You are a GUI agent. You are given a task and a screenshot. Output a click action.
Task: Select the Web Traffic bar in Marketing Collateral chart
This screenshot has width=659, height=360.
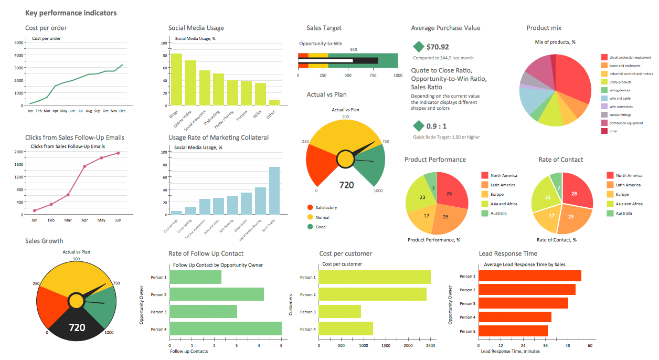click(274, 190)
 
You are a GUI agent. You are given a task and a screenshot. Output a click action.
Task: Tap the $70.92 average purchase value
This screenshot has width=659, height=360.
click(438, 47)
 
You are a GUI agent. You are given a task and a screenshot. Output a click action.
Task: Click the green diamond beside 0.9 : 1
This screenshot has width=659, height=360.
click(418, 126)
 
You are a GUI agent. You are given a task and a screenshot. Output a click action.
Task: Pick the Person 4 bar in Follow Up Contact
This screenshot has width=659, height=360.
click(226, 329)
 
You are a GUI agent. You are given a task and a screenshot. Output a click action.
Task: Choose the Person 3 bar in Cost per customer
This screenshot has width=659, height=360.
click(340, 312)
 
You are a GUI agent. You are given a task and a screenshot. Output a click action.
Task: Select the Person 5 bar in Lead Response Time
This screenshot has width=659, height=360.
click(513, 331)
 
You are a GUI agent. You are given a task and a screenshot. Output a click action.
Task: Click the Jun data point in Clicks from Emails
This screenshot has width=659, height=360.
click(118, 153)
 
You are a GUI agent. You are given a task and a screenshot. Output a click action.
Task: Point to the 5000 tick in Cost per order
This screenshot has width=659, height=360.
click(19, 43)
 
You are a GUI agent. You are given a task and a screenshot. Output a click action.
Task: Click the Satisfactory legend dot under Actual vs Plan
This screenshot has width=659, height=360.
click(310, 207)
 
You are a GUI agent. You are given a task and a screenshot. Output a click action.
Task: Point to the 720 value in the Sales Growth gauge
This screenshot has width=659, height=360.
click(77, 327)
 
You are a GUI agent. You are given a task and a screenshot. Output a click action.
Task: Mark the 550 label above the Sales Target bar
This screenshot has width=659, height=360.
click(353, 50)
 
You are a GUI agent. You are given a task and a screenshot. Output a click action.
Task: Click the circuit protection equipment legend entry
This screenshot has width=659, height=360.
click(628, 57)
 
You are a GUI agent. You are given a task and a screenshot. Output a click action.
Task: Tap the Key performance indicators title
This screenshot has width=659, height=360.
click(71, 13)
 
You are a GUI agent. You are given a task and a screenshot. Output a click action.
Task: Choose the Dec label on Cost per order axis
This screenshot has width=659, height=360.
click(122, 111)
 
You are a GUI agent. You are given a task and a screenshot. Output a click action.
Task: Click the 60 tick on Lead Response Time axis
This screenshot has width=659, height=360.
click(590, 346)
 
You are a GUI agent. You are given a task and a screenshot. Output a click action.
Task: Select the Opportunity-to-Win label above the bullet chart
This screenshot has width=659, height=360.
click(321, 44)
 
